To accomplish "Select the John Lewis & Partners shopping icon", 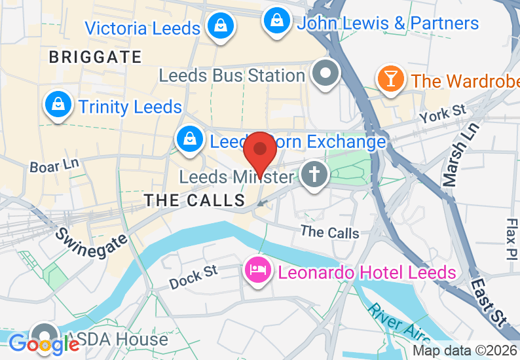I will tap(277, 20).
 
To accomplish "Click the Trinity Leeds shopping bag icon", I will tap(58, 104).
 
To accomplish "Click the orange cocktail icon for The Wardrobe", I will tap(391, 79).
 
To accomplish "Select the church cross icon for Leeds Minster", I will tap(314, 175).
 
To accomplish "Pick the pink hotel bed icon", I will tap(257, 270).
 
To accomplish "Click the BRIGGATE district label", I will tap(95, 57).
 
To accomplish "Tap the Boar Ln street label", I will tap(54, 167).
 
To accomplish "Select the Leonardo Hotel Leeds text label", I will tap(366, 272).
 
